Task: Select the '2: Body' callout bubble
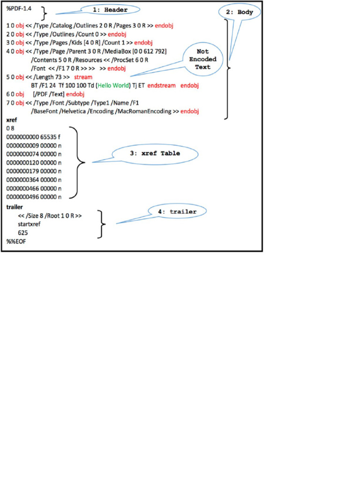click(x=239, y=13)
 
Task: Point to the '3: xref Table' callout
click(x=154, y=153)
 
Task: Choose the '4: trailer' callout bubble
click(x=177, y=212)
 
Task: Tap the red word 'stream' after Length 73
click(x=83, y=76)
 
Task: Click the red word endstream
click(x=162, y=86)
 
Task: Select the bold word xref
click(x=12, y=120)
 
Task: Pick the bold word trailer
click(x=15, y=207)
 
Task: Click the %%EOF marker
click(x=16, y=241)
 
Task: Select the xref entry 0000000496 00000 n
click(x=34, y=197)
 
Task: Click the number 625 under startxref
click(x=22, y=232)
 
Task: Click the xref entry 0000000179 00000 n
click(x=34, y=171)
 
